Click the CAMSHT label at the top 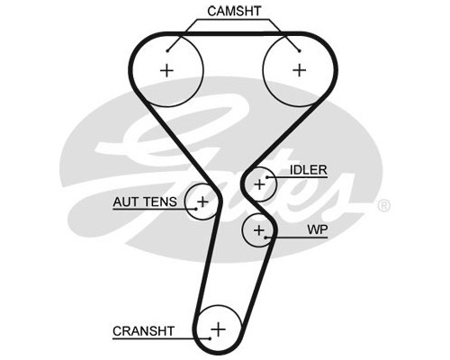[234, 11]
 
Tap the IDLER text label [308, 170]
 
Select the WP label [318, 229]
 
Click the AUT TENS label [145, 202]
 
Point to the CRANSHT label [143, 331]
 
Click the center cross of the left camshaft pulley [166, 71]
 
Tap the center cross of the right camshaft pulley [299, 70]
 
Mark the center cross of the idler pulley [259, 184]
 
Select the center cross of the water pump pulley [259, 230]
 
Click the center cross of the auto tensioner [203, 202]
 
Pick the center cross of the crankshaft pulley [218, 329]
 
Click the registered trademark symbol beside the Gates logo [383, 206]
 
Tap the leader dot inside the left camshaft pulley [167, 51]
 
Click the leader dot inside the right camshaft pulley [299, 51]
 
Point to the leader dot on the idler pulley [266, 177]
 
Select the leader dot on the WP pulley [265, 238]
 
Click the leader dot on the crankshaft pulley [211, 338]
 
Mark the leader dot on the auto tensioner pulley [196, 209]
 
